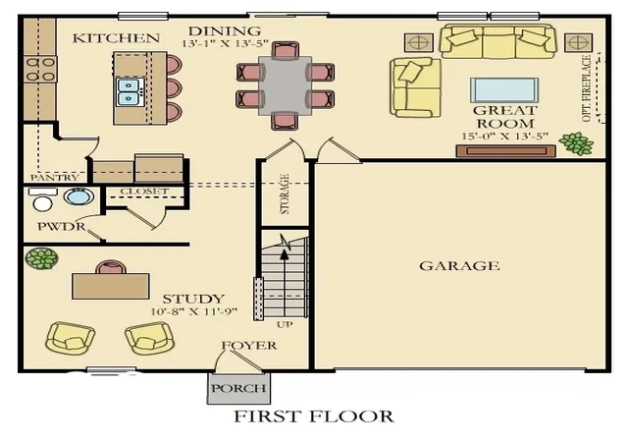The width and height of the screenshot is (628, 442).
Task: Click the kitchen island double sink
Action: [130, 92]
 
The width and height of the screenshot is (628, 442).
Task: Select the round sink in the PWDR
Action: [78, 196]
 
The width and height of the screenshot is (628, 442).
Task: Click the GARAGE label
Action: [459, 266]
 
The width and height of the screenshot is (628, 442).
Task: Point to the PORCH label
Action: [238, 388]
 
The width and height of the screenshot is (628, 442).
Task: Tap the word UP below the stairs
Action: [285, 324]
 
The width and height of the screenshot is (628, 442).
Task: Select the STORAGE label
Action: [285, 194]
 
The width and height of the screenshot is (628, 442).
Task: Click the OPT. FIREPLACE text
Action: [587, 88]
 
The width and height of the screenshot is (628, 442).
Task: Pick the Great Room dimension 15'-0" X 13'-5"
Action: [504, 137]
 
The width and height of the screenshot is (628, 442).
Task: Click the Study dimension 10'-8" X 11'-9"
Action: [194, 311]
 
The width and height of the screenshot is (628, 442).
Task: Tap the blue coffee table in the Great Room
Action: [504, 90]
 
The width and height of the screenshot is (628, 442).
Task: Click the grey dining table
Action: [285, 85]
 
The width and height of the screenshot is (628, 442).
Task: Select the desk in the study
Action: [111, 287]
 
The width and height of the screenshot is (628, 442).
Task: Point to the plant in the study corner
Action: [41, 258]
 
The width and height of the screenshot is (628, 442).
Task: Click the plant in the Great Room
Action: [576, 143]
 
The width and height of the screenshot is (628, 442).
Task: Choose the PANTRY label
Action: [55, 177]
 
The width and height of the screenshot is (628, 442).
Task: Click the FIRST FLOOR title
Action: [314, 416]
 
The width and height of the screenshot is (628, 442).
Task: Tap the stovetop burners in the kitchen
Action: [40, 70]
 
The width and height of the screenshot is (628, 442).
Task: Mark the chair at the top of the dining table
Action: [285, 49]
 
